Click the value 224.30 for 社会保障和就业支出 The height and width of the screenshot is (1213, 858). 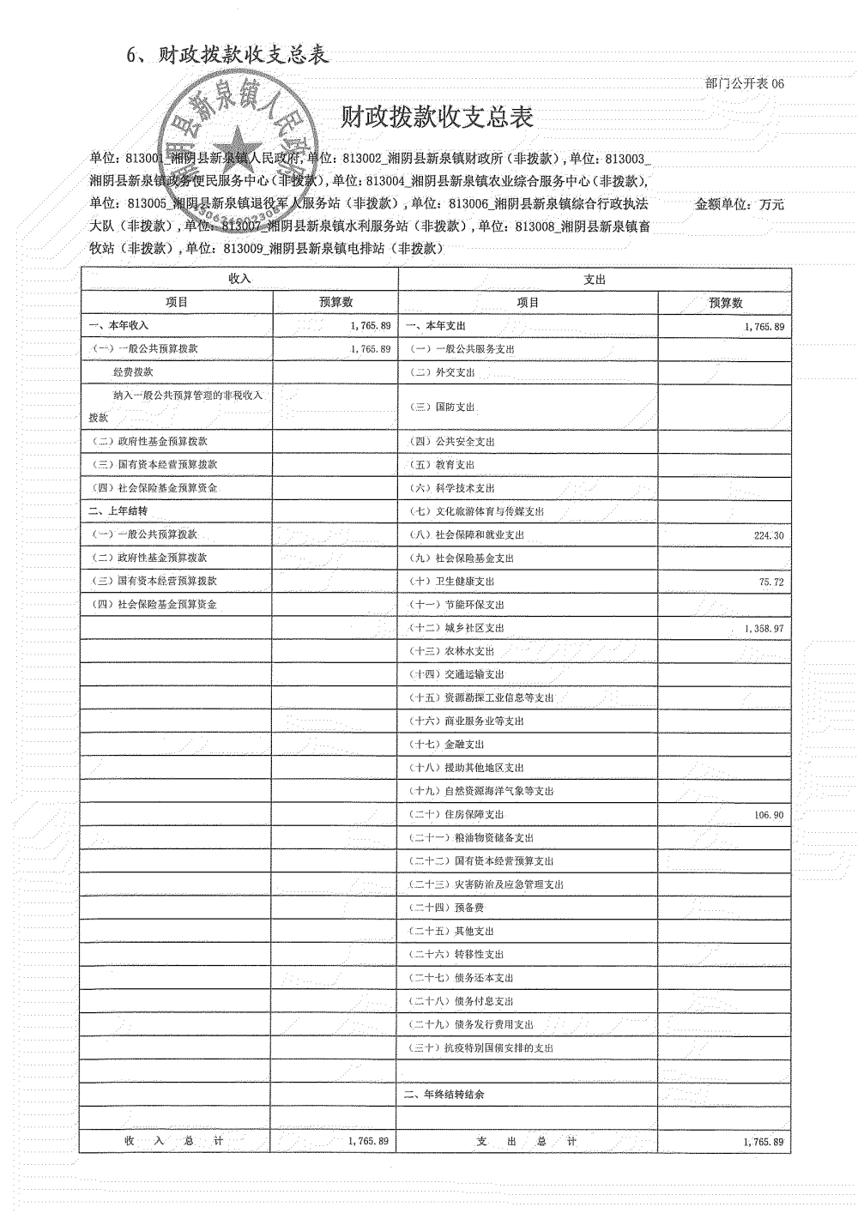point(768,535)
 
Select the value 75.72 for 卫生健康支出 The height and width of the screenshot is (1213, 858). point(771,582)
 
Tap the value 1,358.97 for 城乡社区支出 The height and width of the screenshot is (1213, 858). point(764,629)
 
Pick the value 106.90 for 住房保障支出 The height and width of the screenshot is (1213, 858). point(769,815)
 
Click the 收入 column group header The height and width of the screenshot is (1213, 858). point(239,280)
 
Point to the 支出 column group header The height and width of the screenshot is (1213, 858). point(595,280)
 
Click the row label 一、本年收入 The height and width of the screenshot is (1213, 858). point(118,326)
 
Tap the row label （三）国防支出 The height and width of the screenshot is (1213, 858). point(443,407)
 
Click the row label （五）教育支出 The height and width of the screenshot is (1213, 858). point(443,465)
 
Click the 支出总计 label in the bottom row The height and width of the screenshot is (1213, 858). point(527,1141)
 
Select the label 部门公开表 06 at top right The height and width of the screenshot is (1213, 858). point(744,83)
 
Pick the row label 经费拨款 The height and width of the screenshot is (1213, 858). point(133,372)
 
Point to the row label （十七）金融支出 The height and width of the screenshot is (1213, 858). point(447,745)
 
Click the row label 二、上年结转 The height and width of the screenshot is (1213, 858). point(118,511)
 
